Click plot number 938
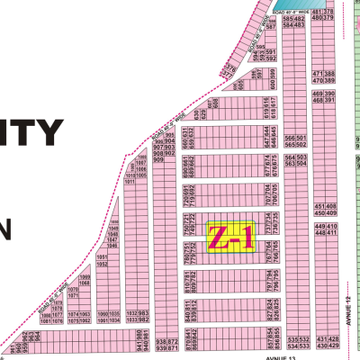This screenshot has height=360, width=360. (161, 341)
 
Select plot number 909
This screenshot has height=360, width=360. (159, 161)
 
